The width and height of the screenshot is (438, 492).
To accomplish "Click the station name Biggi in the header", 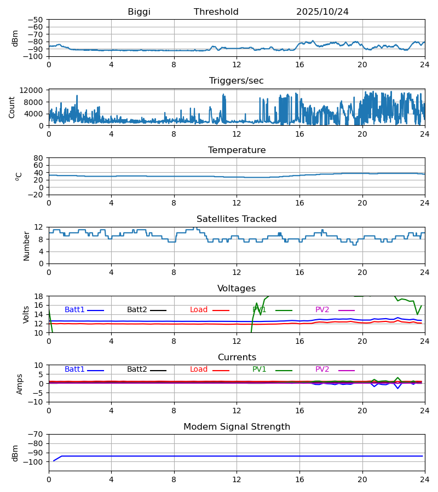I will pos(139,12).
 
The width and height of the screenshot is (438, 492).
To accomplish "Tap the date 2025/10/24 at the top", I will pos(322,12).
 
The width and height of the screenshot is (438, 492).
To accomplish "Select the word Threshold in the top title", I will pos(216,12).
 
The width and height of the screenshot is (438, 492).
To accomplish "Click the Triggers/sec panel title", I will pos(237,81).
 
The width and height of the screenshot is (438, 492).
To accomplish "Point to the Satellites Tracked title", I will pos(237,219).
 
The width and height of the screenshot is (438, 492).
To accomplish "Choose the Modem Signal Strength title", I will pos(237,427).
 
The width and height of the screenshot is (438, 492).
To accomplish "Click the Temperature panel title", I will pos(237,150).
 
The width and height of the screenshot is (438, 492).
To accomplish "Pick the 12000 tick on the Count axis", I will pos(32,90).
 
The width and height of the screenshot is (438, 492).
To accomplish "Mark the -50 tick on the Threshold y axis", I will pos(36,20).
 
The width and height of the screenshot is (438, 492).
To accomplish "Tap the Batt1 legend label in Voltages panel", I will pos(74,310).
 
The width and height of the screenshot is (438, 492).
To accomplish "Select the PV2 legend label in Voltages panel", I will pos(322,310).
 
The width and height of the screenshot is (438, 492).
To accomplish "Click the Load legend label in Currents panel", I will pos(199,370).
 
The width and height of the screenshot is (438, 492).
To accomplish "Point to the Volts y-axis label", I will pos(26,314).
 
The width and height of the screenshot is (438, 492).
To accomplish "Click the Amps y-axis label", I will pos(20,384).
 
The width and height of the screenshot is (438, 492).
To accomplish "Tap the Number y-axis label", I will pos(26,245).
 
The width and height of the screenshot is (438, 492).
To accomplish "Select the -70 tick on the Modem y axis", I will pos(36,434).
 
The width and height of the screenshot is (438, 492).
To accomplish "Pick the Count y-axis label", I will pos(13,107).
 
